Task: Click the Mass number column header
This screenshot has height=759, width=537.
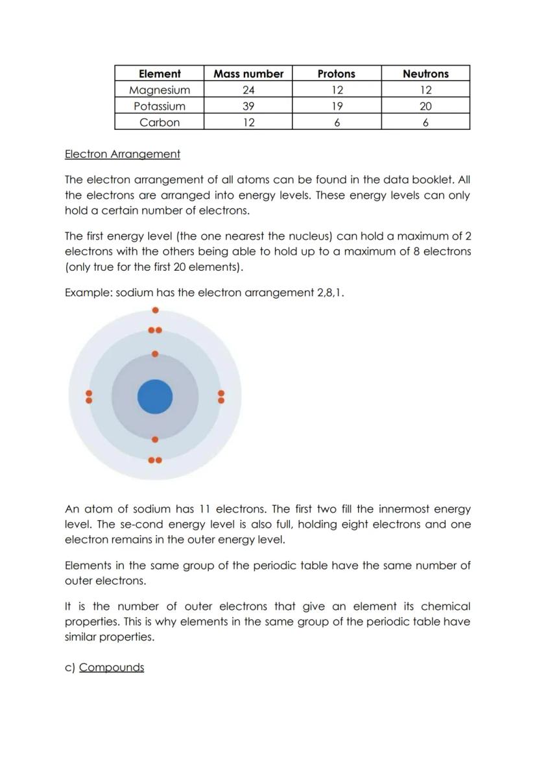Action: point(248,74)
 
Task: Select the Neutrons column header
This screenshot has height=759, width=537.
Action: point(425,74)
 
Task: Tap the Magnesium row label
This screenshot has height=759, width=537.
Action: point(160,90)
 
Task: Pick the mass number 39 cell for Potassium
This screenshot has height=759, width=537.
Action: point(248,106)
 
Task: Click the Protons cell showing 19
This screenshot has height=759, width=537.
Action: point(337,106)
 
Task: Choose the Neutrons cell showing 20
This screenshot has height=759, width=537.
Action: point(425,106)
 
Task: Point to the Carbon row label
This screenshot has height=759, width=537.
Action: point(160,123)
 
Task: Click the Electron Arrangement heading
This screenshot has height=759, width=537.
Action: point(123,155)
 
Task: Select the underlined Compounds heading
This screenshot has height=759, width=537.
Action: point(112,667)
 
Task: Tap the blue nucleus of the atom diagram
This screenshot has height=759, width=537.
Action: point(155,396)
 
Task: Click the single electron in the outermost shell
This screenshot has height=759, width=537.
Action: point(155,310)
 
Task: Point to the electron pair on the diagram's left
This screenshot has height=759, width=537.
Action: point(89,397)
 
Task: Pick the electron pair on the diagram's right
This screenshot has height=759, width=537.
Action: point(221,397)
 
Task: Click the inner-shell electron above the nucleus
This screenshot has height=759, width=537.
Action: point(155,354)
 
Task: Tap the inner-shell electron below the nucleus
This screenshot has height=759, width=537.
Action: point(155,440)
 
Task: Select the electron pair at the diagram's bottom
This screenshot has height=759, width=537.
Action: point(155,460)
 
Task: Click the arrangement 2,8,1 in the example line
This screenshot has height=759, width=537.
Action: point(329,293)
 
